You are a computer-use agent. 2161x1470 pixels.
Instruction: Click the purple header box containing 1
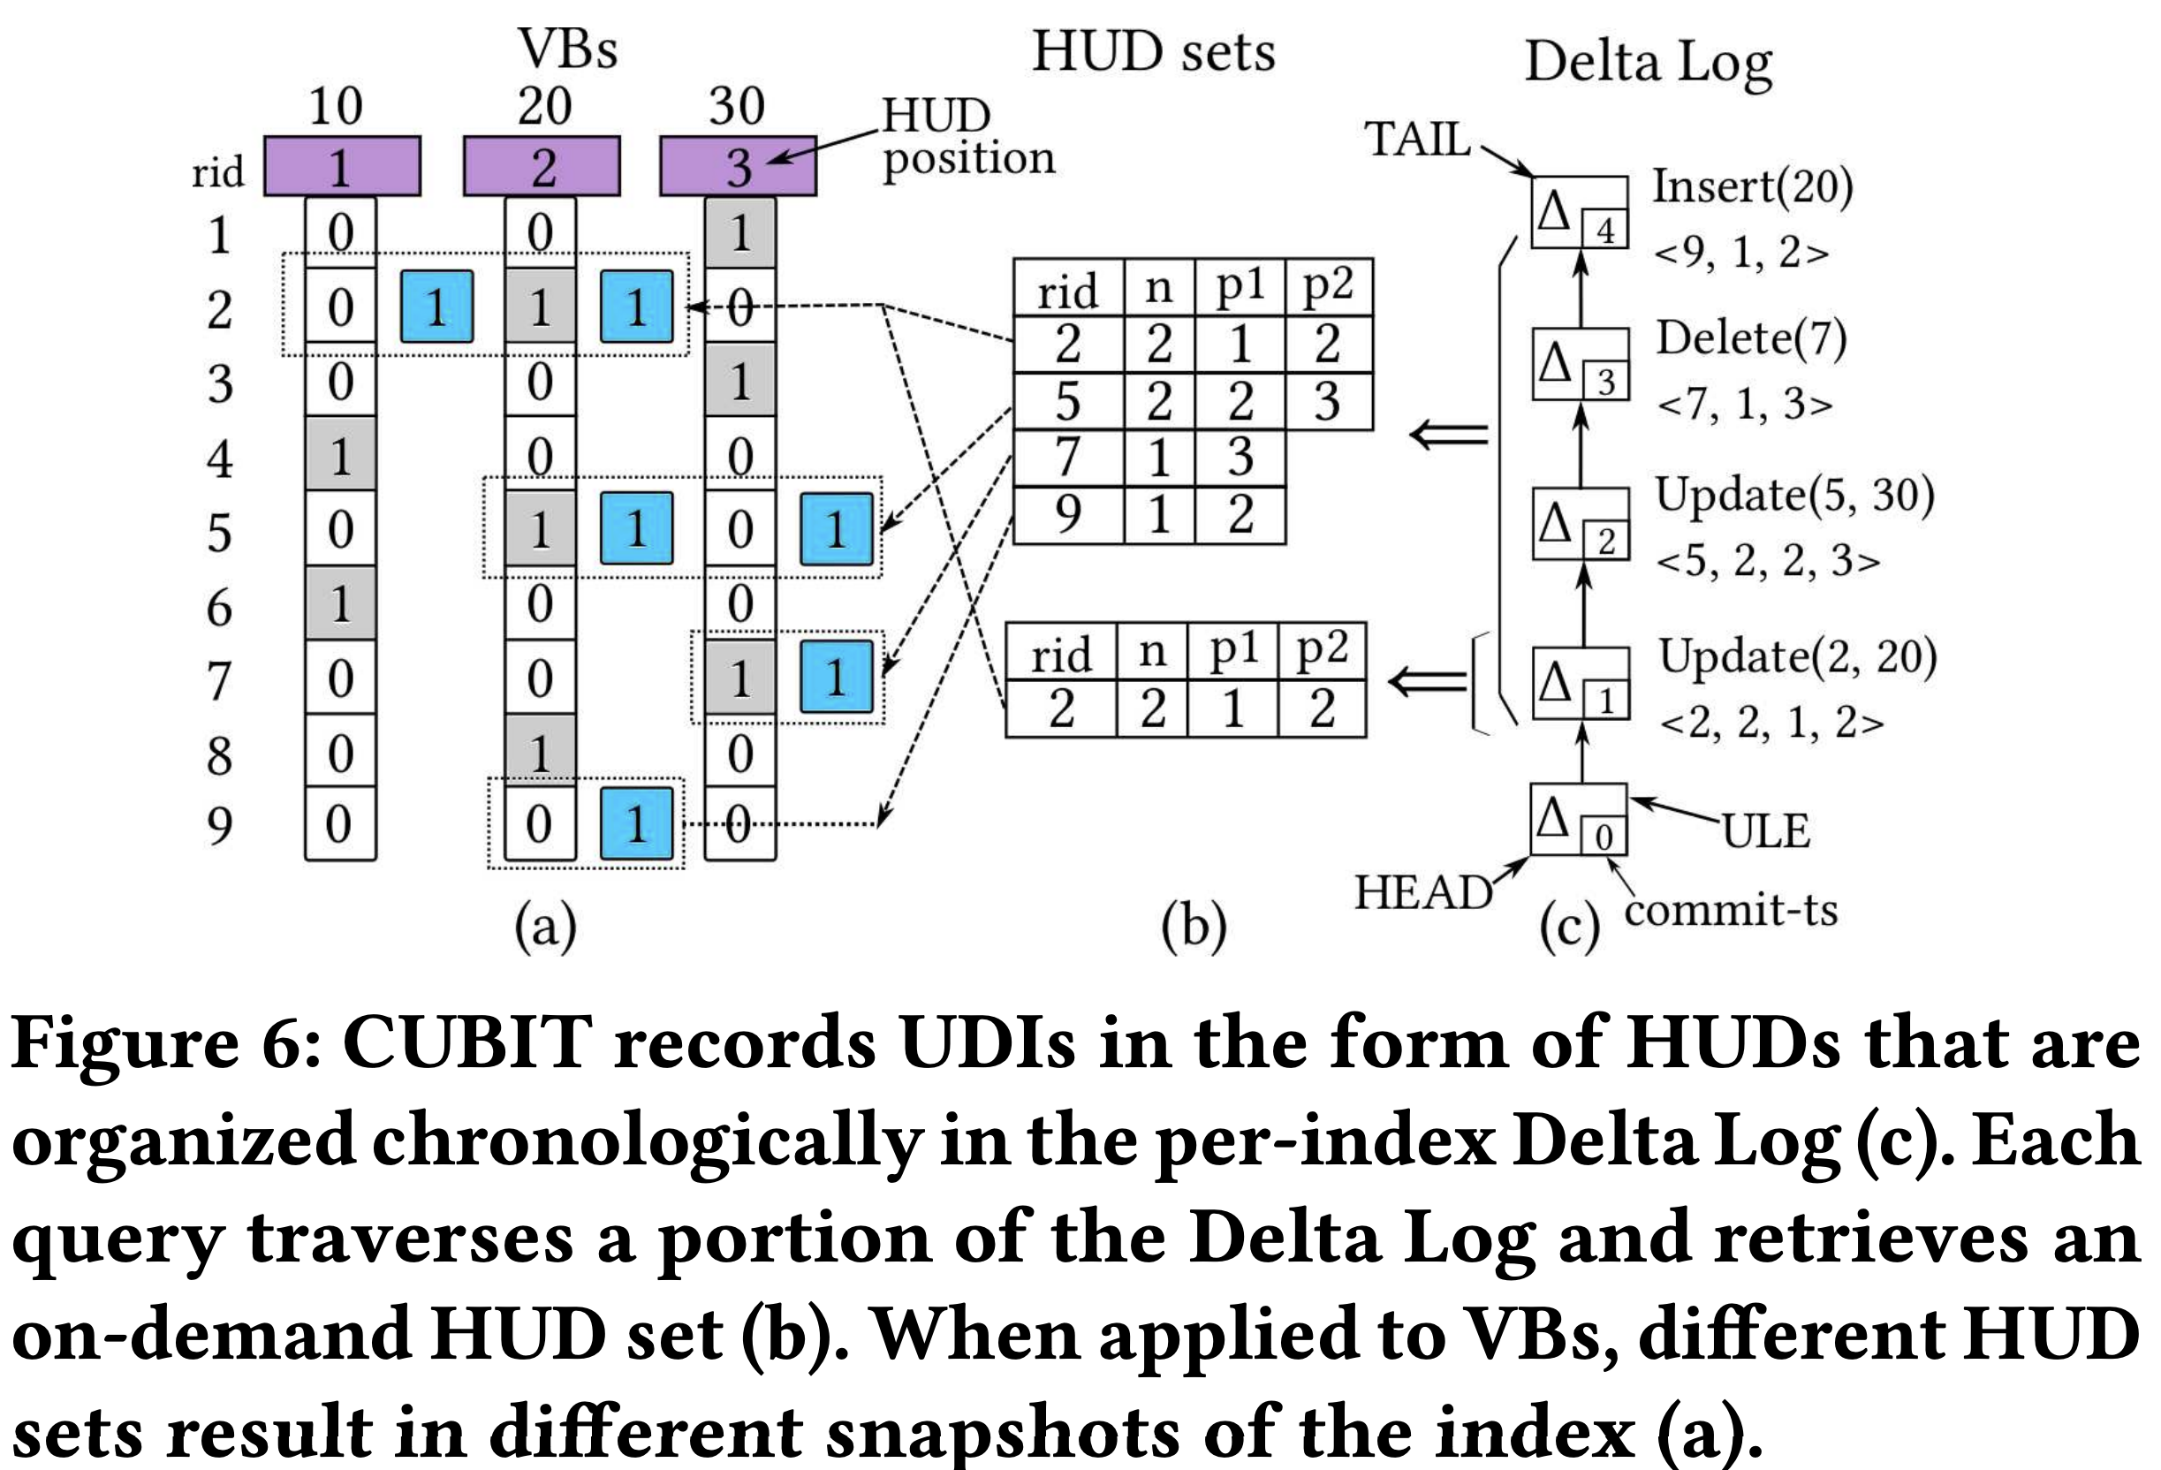coord(341,166)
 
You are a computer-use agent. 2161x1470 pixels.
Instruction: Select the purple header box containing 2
coord(542,166)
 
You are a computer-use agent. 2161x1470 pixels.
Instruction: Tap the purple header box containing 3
coord(738,166)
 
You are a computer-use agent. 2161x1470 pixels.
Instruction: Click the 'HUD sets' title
coord(1153,51)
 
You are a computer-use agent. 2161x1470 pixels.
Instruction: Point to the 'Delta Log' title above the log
coord(1648,64)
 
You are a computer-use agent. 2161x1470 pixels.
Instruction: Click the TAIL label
coord(1417,140)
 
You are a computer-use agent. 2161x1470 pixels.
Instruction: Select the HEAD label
coord(1422,892)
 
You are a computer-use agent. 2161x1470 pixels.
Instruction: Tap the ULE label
coord(1766,831)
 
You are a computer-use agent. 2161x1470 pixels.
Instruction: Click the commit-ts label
coord(1731,910)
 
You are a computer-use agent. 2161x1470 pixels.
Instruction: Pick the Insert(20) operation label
coord(1752,187)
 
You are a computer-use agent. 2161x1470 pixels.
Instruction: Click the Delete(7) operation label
coord(1751,337)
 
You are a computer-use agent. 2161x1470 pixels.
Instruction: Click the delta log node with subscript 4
coord(1579,212)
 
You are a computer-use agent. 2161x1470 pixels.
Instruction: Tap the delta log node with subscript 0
coord(1578,819)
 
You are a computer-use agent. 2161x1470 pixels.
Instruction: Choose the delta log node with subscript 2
coord(1580,524)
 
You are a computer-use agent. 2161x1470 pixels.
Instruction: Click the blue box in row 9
coord(636,824)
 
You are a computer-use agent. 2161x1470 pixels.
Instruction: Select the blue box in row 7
coord(836,677)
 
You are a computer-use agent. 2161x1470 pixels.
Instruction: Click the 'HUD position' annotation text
coord(967,138)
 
